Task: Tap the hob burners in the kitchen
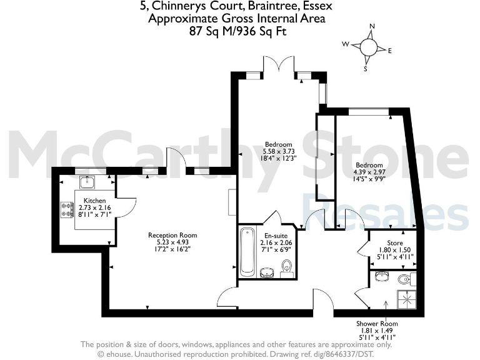(x=66, y=207)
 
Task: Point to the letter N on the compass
(x=372, y=27)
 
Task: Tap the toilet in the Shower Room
(x=403, y=279)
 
